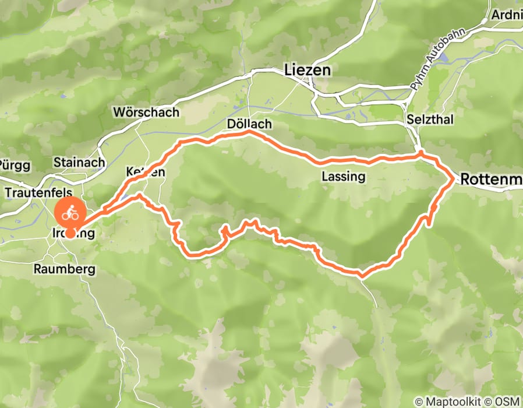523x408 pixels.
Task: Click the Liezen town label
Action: (x=308, y=70)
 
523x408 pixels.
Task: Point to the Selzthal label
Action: (x=430, y=119)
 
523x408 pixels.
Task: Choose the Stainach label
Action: (x=79, y=162)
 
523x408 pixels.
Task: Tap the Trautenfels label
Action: (x=38, y=192)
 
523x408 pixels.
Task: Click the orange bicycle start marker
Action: (x=70, y=213)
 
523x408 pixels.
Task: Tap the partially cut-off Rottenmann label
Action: (x=491, y=180)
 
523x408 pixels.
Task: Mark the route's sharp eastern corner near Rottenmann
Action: (x=454, y=179)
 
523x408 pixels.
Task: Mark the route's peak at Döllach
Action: (x=249, y=133)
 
